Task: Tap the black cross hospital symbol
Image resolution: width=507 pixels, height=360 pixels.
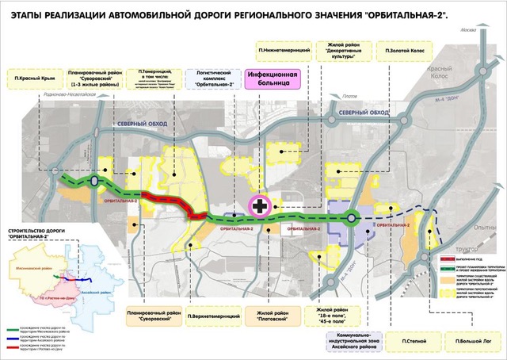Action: click(x=260, y=205)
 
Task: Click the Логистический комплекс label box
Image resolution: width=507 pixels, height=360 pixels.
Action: click(x=213, y=79)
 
